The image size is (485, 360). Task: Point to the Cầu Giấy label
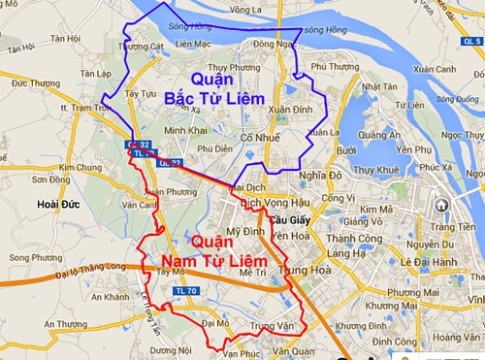click(x=287, y=219)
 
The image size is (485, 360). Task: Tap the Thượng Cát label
click(x=140, y=46)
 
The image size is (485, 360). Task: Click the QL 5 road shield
click(x=471, y=43)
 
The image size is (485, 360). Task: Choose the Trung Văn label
click(x=271, y=325)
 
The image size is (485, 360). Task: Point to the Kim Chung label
click(x=80, y=167)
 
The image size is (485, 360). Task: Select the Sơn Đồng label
click(x=50, y=180)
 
